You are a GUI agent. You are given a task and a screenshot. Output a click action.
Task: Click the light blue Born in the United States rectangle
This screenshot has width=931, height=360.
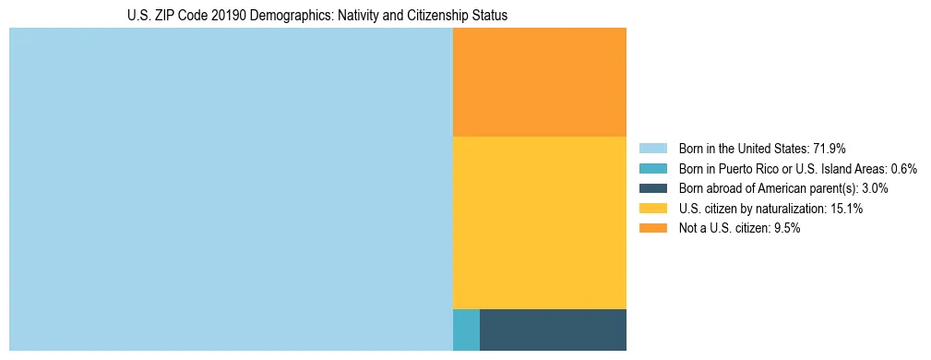pos(231,189)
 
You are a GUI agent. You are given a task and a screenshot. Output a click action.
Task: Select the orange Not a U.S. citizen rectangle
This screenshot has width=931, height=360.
pos(539,82)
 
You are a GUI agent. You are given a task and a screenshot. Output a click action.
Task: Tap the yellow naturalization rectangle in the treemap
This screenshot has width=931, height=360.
pos(539,222)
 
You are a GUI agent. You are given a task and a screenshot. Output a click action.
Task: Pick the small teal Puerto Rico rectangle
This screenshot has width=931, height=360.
pos(466,330)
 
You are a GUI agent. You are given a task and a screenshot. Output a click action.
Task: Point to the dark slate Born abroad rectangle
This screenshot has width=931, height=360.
pos(553,330)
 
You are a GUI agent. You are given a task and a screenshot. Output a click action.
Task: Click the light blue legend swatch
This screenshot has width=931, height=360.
pos(652,149)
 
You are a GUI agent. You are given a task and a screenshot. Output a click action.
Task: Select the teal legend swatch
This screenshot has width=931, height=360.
pos(652,169)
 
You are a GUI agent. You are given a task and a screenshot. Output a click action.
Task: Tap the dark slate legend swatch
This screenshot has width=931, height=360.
pos(652,188)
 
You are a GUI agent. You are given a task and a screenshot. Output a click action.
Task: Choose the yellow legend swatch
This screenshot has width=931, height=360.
pos(652,209)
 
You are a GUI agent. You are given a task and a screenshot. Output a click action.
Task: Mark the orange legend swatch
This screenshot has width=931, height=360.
pos(652,228)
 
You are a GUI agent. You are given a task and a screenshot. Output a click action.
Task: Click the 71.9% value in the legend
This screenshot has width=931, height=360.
pos(830,149)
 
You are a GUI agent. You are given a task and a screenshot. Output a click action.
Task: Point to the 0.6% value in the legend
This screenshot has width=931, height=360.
pos(904,169)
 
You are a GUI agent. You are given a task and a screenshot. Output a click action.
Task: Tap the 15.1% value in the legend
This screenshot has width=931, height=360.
pos(846,209)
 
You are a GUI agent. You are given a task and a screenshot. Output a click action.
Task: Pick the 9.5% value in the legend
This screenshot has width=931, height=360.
pos(785,228)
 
